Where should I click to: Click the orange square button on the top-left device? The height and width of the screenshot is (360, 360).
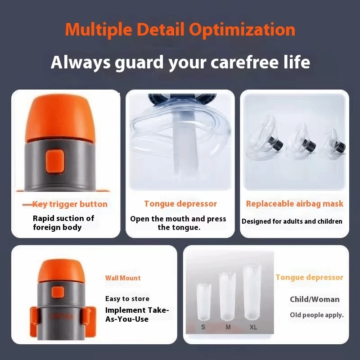[54, 161]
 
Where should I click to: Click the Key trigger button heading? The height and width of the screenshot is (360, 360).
[70, 204]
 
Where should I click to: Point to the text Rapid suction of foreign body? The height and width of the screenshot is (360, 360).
[63, 223]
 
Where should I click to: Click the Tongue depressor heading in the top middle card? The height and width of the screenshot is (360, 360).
[180, 204]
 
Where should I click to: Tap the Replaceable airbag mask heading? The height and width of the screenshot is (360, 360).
[295, 204]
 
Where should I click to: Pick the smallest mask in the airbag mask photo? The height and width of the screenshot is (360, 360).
[335, 144]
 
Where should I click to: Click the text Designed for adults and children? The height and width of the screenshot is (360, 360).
[292, 221]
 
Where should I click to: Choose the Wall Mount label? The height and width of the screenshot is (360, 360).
[123, 278]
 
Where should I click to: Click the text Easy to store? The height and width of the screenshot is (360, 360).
[127, 299]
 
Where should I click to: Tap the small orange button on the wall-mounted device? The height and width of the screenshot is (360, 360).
[58, 292]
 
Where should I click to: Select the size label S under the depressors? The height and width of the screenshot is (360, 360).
[203, 327]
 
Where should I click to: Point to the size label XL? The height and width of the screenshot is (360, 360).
[253, 327]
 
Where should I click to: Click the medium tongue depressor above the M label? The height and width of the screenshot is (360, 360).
[228, 296]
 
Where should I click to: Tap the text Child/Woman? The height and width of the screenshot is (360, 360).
[315, 299]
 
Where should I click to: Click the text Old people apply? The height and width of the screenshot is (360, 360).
[317, 315]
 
